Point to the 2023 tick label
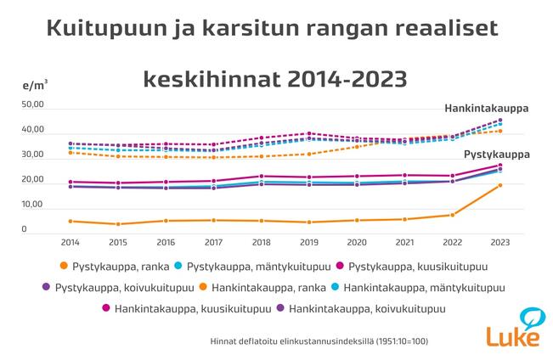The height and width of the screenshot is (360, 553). tap(500, 242)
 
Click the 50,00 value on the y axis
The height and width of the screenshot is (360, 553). tap(31, 104)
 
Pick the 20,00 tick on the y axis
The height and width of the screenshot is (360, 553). tap(31, 180)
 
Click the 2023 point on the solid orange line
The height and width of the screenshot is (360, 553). tap(500, 185)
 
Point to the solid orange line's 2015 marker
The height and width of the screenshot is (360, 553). tap(119, 224)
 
